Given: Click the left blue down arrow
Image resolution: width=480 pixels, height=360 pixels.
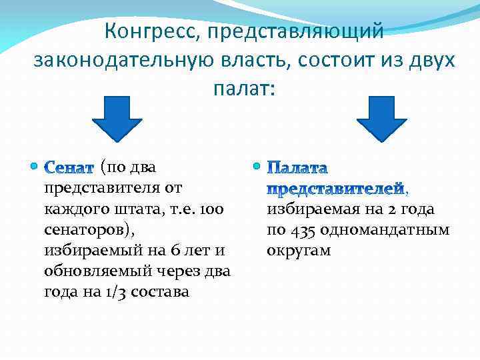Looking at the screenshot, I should coord(117,119).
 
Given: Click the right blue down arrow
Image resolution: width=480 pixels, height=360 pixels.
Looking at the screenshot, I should coord(381,119).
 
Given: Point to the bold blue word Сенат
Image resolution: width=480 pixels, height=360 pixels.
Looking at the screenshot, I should coord(70,165).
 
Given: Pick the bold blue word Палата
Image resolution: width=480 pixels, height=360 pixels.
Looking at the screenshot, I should coord(298,167).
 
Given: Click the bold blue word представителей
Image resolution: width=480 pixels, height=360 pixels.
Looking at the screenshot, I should coord(336,189).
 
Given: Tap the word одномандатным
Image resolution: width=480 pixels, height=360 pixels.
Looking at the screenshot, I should coord(387,230).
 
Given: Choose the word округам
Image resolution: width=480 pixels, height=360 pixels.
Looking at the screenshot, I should coord(299,251).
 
